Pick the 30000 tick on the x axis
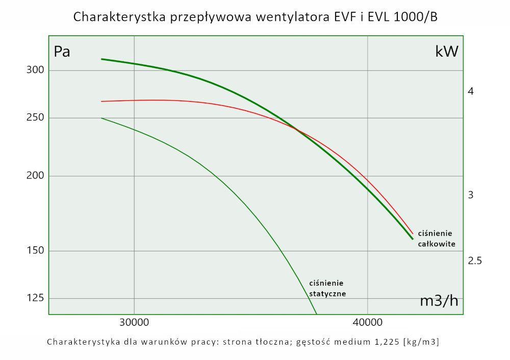tap(134, 323)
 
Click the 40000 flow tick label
tap(368, 323)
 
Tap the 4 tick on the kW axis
tap(471, 91)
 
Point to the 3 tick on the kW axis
tap(471, 195)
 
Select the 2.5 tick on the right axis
tap(475, 261)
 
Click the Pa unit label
tap(62, 52)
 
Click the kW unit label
tap(447, 52)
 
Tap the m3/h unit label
tap(439, 301)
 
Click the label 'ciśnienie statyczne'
tap(327, 288)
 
